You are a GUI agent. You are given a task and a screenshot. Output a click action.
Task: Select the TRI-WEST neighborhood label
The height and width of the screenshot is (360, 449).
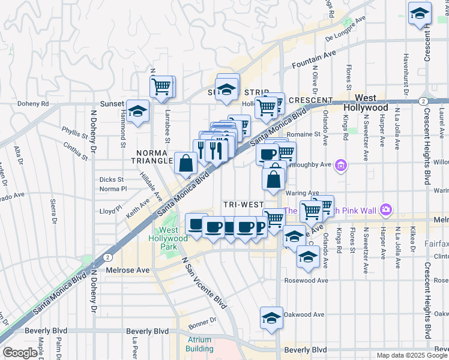[243, 205]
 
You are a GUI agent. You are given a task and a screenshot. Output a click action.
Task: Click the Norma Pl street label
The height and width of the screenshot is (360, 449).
[113, 189]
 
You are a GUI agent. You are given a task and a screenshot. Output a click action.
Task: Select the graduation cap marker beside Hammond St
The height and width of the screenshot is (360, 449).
[138, 111]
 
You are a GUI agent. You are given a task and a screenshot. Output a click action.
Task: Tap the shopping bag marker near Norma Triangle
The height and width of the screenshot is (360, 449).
[186, 164]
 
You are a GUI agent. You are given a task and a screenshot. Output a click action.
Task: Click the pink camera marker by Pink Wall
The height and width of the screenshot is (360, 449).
[385, 209]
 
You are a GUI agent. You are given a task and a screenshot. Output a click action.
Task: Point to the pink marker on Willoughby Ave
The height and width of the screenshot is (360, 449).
[342, 164]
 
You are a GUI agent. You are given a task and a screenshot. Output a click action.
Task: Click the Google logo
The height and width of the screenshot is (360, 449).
[20, 353]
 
